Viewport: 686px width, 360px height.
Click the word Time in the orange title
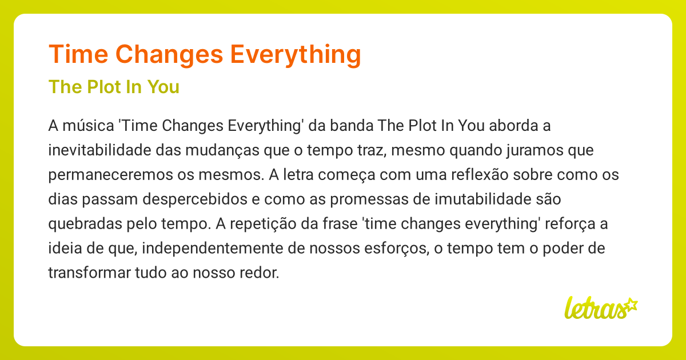(78, 54)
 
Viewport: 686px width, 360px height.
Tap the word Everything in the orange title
(296, 55)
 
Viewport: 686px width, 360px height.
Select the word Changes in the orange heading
(169, 55)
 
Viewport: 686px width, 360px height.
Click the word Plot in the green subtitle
(104, 87)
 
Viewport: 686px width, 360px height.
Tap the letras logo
(601, 307)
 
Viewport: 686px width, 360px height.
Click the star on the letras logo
(631, 305)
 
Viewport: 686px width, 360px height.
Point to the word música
(88, 126)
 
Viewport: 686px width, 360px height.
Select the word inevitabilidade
(99, 150)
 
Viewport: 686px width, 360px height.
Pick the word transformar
(89, 273)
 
